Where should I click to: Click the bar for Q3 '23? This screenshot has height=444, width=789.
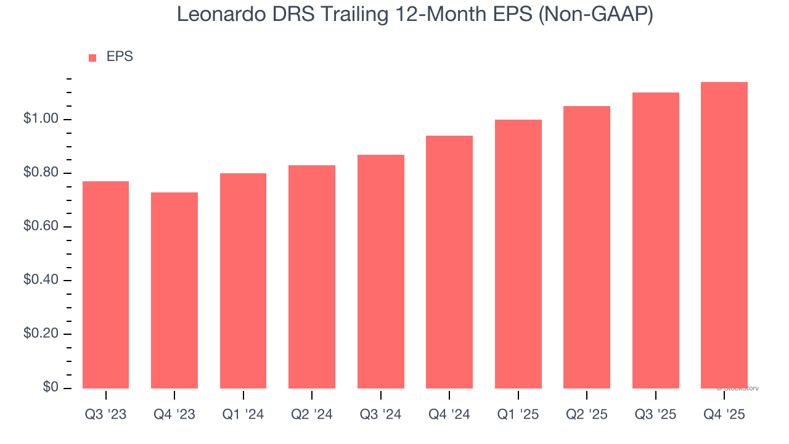105,284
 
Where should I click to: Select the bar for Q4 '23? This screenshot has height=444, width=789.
174,290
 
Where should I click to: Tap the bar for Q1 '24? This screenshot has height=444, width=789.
243,281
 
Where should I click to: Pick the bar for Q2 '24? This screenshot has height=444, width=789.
312,276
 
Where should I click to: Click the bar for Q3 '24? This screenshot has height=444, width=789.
380,271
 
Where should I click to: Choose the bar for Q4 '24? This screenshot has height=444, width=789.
449,261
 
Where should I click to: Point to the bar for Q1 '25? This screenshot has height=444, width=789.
518,253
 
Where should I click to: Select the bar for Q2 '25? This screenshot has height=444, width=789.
587,247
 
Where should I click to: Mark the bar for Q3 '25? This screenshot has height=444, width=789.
655,240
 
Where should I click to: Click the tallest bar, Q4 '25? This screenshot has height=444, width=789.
724,235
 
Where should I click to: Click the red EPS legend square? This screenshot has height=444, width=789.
92,57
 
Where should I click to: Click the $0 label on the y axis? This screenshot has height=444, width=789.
51,388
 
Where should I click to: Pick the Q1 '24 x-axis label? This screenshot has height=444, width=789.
243,415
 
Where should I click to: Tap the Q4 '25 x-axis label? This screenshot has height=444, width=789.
724,415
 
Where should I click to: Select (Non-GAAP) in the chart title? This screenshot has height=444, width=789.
595,14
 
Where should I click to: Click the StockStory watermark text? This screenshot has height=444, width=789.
738,388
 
